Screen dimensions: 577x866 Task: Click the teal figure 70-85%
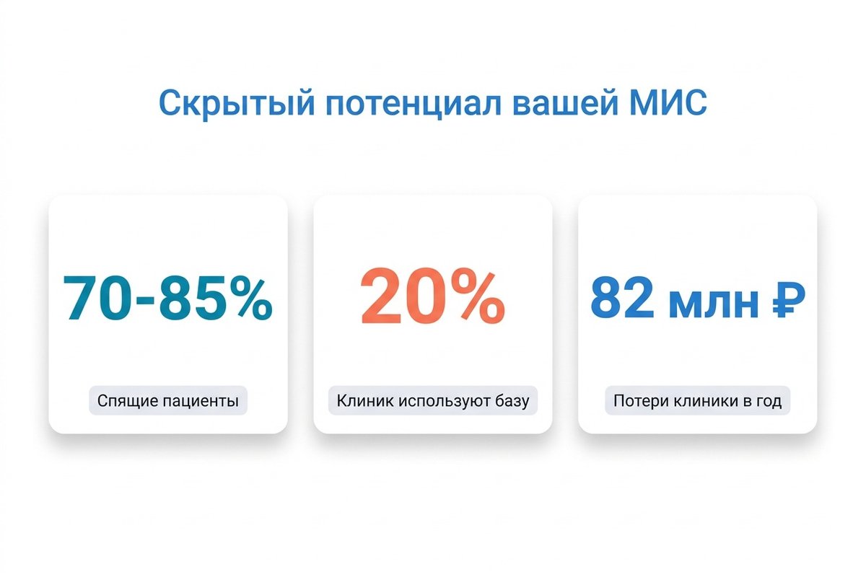click(x=167, y=297)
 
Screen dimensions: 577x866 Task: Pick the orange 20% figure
click(x=432, y=297)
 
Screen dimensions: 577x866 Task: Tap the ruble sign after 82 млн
click(x=784, y=297)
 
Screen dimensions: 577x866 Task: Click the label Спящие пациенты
click(x=167, y=401)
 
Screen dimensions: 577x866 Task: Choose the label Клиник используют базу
click(x=432, y=401)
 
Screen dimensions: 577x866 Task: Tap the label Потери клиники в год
click(x=697, y=401)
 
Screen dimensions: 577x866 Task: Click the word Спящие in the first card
click(x=123, y=401)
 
